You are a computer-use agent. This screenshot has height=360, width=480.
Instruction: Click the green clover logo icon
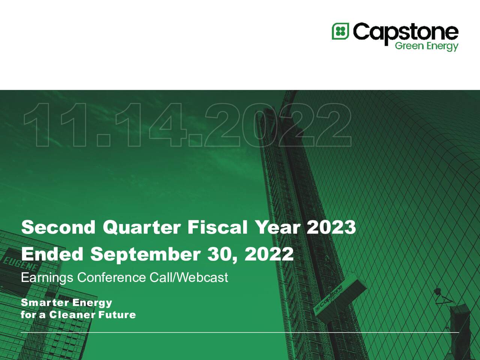(x=340, y=31)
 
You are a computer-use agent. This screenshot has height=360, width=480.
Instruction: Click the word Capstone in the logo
(x=405, y=32)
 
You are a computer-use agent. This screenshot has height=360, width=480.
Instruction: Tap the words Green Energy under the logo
(x=426, y=46)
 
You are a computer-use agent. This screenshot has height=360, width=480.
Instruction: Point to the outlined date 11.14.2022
(x=187, y=125)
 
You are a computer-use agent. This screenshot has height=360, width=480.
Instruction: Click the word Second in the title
(x=58, y=227)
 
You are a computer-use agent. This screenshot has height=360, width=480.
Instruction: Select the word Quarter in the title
(x=142, y=227)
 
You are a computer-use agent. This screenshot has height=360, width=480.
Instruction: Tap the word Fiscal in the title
(x=217, y=227)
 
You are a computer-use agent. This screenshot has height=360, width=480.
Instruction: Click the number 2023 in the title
(x=331, y=227)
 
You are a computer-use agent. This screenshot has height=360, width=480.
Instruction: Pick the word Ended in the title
(x=52, y=254)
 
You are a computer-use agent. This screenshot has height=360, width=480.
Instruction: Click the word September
(x=145, y=254)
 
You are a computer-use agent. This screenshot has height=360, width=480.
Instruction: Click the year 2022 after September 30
(x=269, y=254)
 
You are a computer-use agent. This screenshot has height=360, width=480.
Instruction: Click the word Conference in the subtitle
(x=111, y=277)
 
